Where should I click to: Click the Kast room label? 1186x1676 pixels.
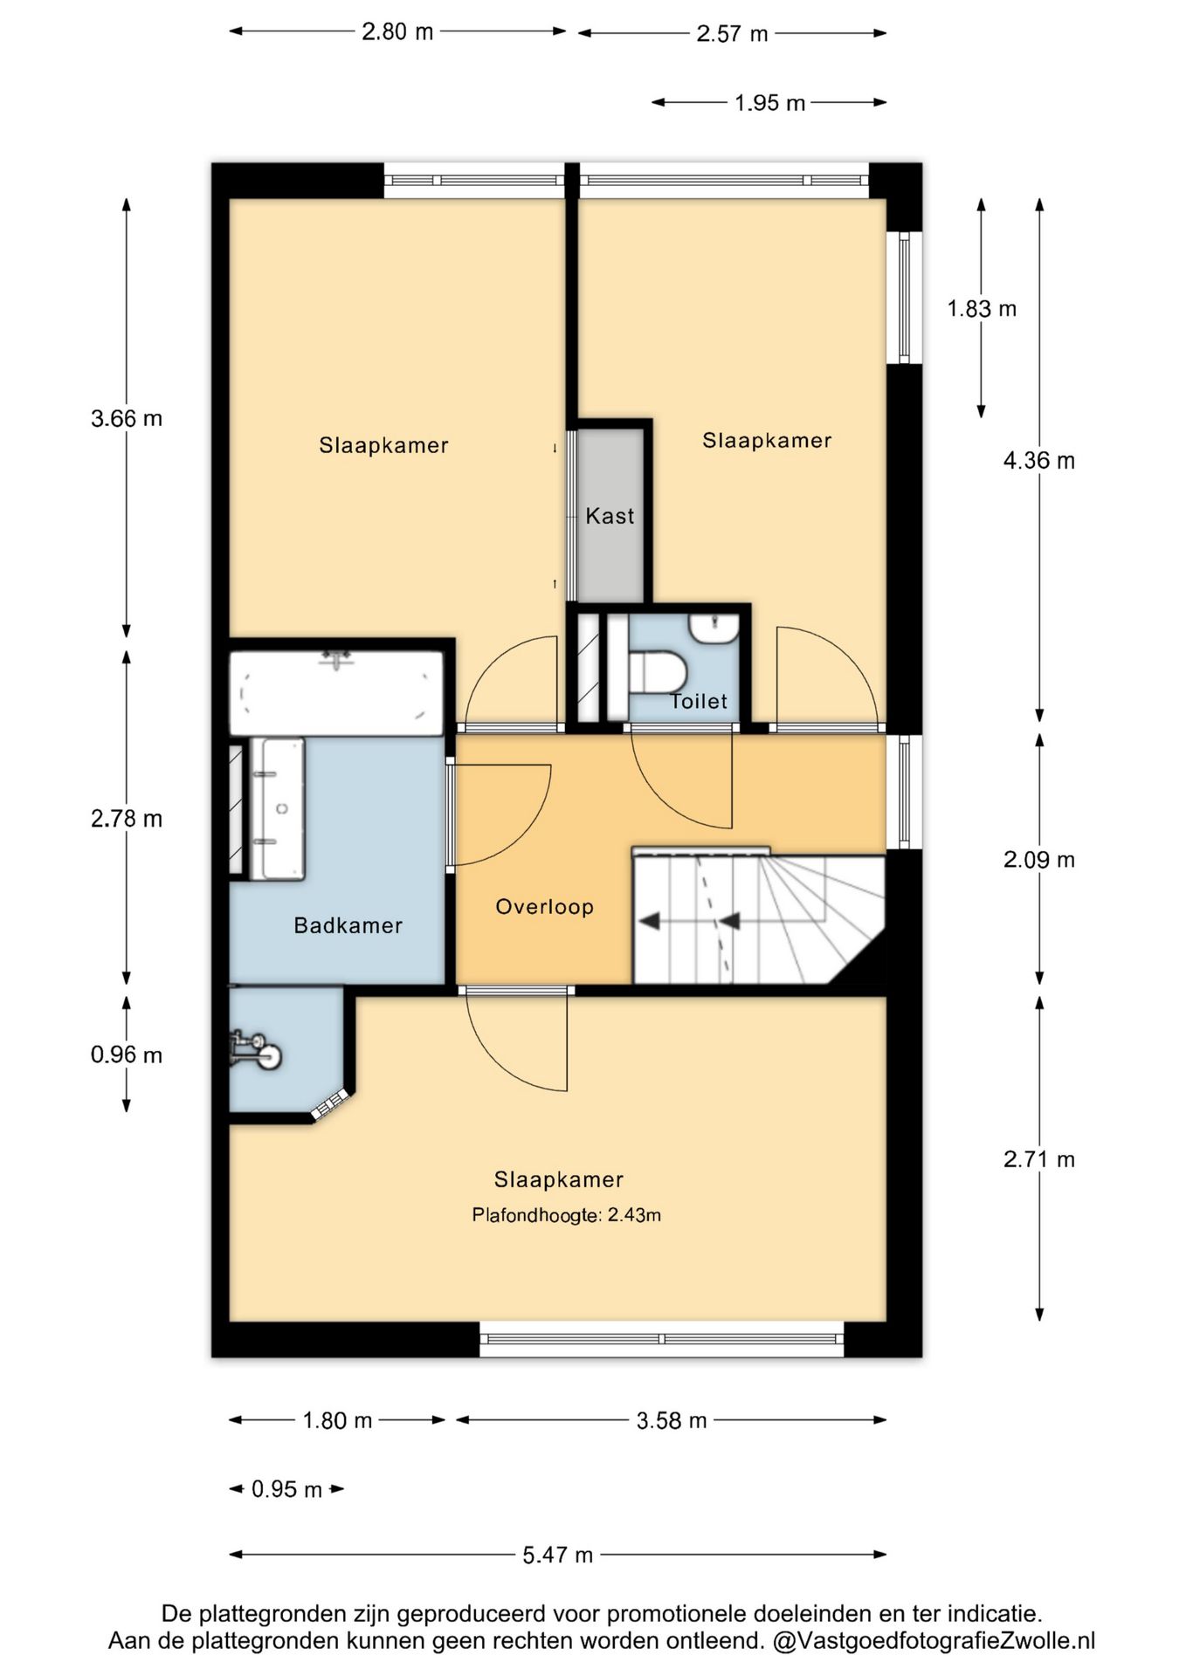point(610,516)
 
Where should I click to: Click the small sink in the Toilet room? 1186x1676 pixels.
point(714,628)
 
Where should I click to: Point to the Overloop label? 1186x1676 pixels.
point(544,907)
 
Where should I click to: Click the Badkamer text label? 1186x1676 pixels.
point(348,925)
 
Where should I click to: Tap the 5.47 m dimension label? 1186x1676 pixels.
point(557,1555)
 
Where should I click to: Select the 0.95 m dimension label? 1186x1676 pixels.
point(286,1489)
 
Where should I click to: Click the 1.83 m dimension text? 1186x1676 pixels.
point(982,309)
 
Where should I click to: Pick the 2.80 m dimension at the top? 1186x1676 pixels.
point(397,32)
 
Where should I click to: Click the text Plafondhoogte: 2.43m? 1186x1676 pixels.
point(566,1215)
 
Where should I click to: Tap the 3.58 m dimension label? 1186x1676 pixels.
point(671,1420)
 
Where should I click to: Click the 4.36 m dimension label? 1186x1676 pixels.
point(1038,461)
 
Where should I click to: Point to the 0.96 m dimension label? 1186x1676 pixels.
point(127,1054)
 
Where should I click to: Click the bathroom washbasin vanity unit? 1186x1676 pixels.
point(278,808)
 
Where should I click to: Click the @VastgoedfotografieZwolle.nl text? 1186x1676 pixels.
point(933,1641)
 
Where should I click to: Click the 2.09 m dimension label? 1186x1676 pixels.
point(1038,860)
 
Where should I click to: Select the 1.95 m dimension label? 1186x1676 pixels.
point(769,103)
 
